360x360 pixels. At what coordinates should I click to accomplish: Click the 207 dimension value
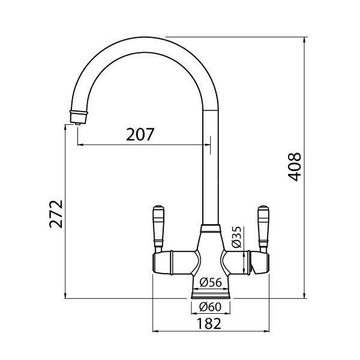click(x=140, y=134)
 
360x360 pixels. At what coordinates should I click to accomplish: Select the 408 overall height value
click(x=295, y=167)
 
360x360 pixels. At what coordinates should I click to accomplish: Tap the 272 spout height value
click(x=56, y=214)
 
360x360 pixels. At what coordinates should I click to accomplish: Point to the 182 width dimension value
click(x=209, y=323)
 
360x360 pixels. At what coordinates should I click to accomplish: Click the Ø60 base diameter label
click(x=211, y=307)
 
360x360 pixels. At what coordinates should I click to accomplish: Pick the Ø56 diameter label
click(x=211, y=282)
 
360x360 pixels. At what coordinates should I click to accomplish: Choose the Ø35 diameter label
click(x=237, y=237)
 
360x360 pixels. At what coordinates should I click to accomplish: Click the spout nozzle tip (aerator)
click(x=78, y=118)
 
